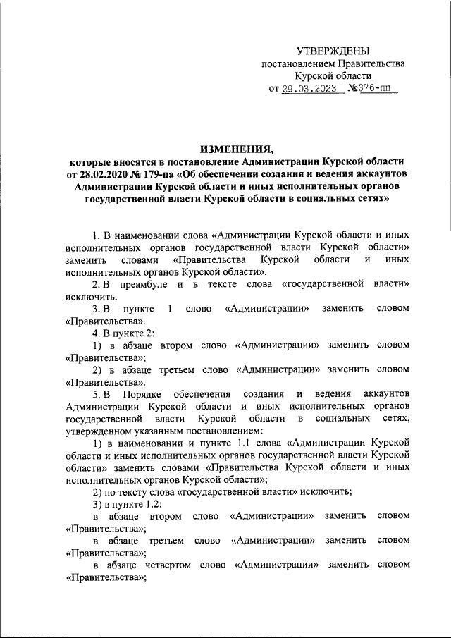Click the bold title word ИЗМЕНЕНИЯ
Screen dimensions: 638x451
click(236, 149)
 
